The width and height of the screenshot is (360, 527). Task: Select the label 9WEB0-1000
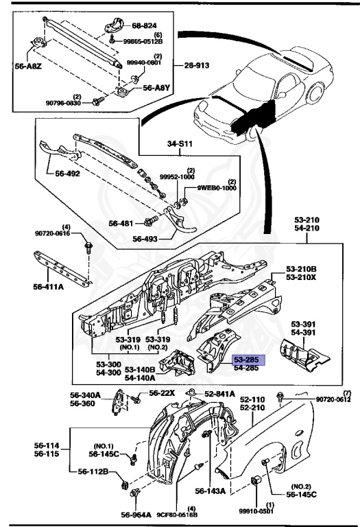coord(217,188)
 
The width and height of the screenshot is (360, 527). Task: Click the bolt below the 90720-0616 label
coord(88,246)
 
